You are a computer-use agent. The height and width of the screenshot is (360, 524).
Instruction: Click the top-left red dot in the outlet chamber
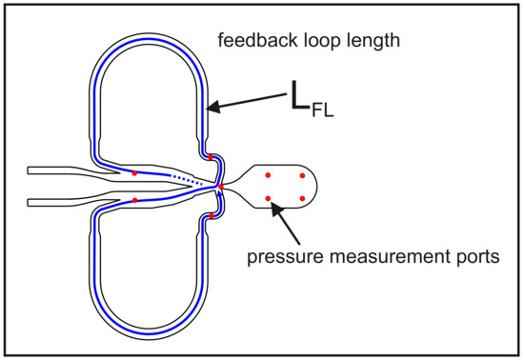pyautogui.click(x=268, y=175)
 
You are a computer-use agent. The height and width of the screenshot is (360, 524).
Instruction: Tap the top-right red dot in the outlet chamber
pyautogui.click(x=302, y=175)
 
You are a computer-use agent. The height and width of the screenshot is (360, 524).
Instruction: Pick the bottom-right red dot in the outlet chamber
pyautogui.click(x=302, y=198)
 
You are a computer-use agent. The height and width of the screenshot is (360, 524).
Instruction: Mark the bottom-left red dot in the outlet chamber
pyautogui.click(x=268, y=198)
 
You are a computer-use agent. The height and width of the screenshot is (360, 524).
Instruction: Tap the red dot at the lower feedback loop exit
pyautogui.click(x=210, y=217)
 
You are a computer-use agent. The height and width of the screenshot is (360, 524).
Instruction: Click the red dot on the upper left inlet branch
pyautogui.click(x=134, y=172)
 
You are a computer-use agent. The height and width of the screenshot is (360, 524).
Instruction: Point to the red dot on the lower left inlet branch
pyautogui.click(x=134, y=200)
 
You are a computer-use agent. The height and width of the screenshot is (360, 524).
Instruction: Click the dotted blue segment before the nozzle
pyautogui.click(x=187, y=178)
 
